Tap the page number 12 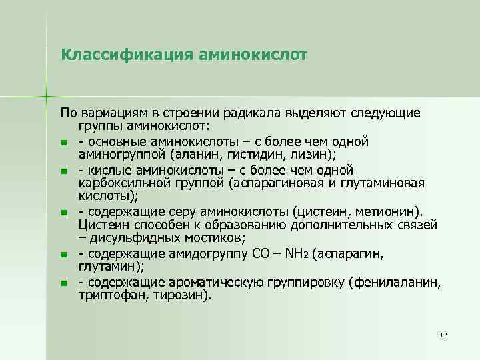pyautogui.click(x=443, y=333)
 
